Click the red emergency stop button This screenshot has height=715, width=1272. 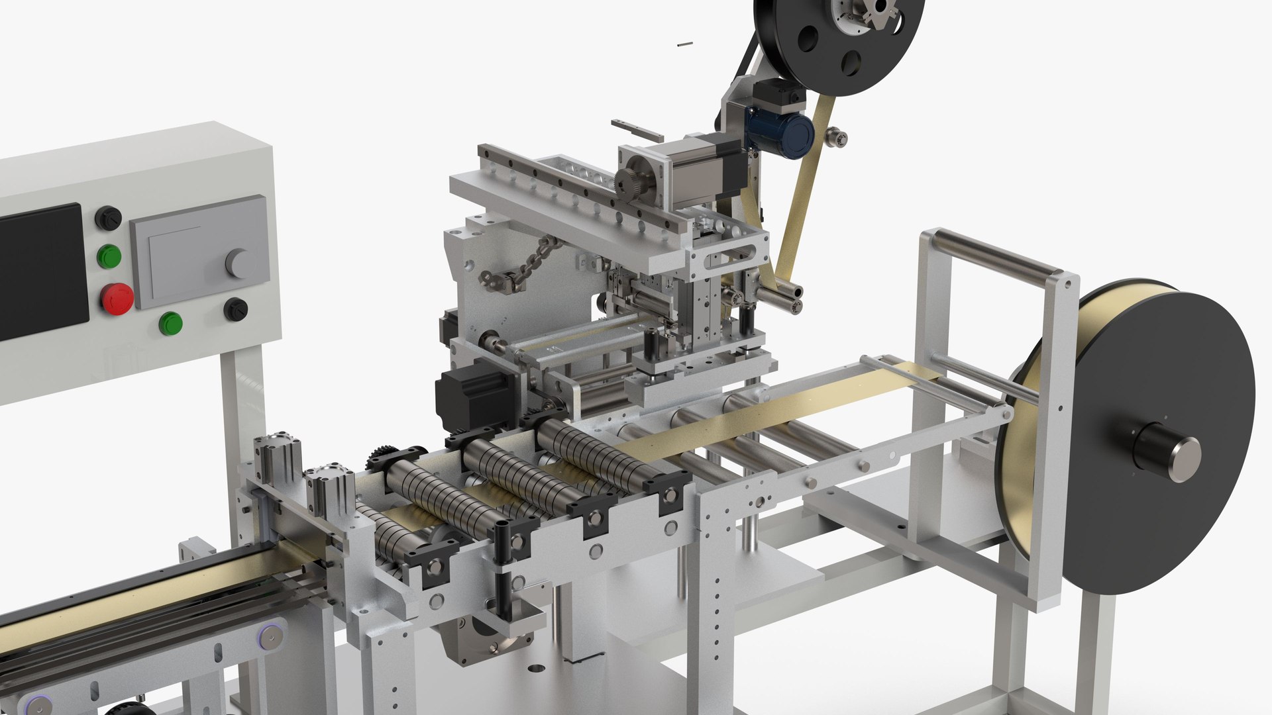point(117,299)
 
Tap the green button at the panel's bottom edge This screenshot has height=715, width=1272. point(171,324)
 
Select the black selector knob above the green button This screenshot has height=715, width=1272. point(109,218)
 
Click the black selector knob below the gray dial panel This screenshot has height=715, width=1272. point(235,309)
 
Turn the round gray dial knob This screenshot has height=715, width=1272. point(239,263)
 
